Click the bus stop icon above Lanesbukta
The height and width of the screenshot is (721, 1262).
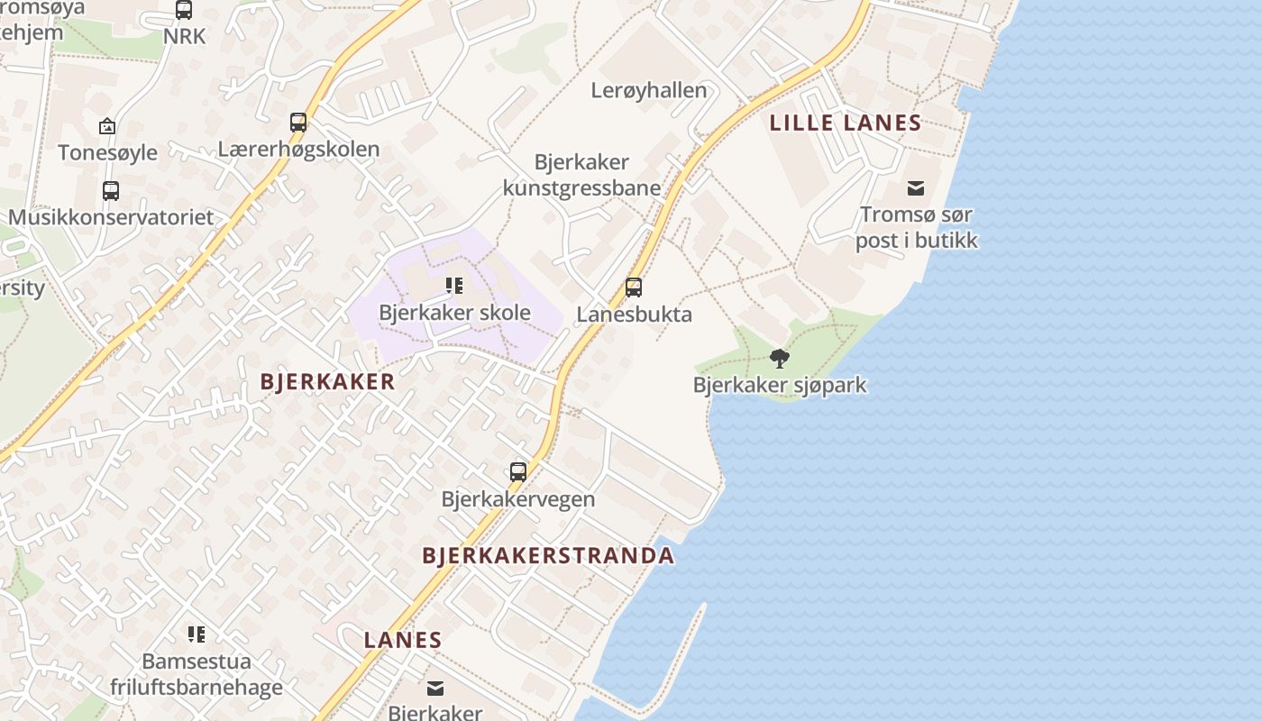coord(634,287)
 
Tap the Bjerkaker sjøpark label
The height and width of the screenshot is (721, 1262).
coord(780,385)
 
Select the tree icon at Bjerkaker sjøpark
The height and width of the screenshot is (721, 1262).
coord(780,359)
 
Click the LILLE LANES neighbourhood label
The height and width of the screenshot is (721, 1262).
coord(845,123)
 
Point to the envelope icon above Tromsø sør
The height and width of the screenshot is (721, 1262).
coord(916,188)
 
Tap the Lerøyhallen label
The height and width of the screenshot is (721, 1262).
coord(649,90)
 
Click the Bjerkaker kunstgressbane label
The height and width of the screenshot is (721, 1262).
coord(581,175)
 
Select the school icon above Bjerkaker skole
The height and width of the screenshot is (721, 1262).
coord(454,287)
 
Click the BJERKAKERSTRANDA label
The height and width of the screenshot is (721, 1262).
coord(548,555)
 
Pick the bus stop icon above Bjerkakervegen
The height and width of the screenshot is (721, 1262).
coord(518,471)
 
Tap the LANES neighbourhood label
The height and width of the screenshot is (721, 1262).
coord(403,641)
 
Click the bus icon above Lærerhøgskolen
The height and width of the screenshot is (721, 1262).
coord(298,122)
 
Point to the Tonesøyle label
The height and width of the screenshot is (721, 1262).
coord(107,152)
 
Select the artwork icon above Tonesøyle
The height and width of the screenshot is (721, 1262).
coord(107,126)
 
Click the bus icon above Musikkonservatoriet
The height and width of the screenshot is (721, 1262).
coord(111,191)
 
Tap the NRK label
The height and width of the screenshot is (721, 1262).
coord(184,36)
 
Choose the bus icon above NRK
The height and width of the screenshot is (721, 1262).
coord(184,10)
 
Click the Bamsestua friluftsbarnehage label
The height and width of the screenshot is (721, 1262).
coord(197,674)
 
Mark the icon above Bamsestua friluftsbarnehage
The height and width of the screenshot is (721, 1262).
coord(197,634)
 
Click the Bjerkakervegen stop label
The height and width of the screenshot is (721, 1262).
coord(517,498)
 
